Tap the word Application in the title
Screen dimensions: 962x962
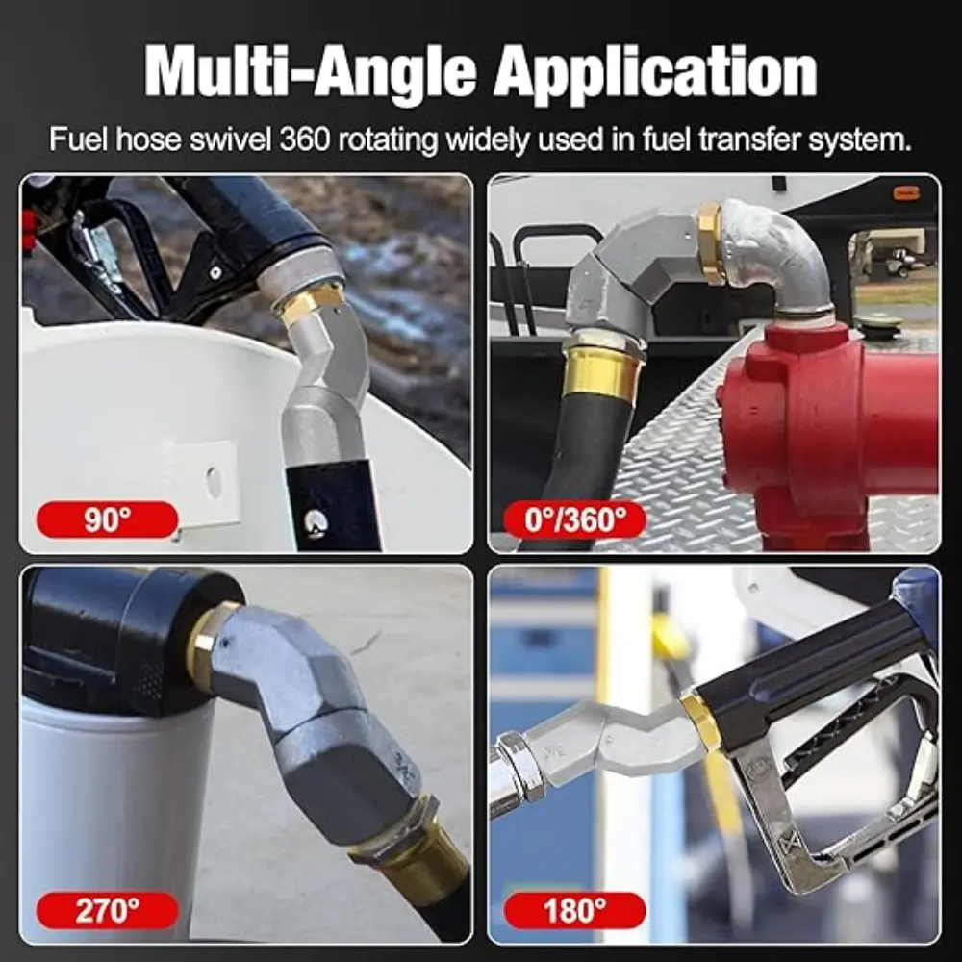(655, 72)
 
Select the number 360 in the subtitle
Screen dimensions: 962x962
(305, 139)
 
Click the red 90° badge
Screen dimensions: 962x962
(108, 519)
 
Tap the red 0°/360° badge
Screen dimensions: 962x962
(575, 519)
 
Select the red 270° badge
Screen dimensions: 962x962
(108, 910)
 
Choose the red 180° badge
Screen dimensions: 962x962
(575, 910)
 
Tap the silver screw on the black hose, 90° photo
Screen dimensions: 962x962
(316, 522)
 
